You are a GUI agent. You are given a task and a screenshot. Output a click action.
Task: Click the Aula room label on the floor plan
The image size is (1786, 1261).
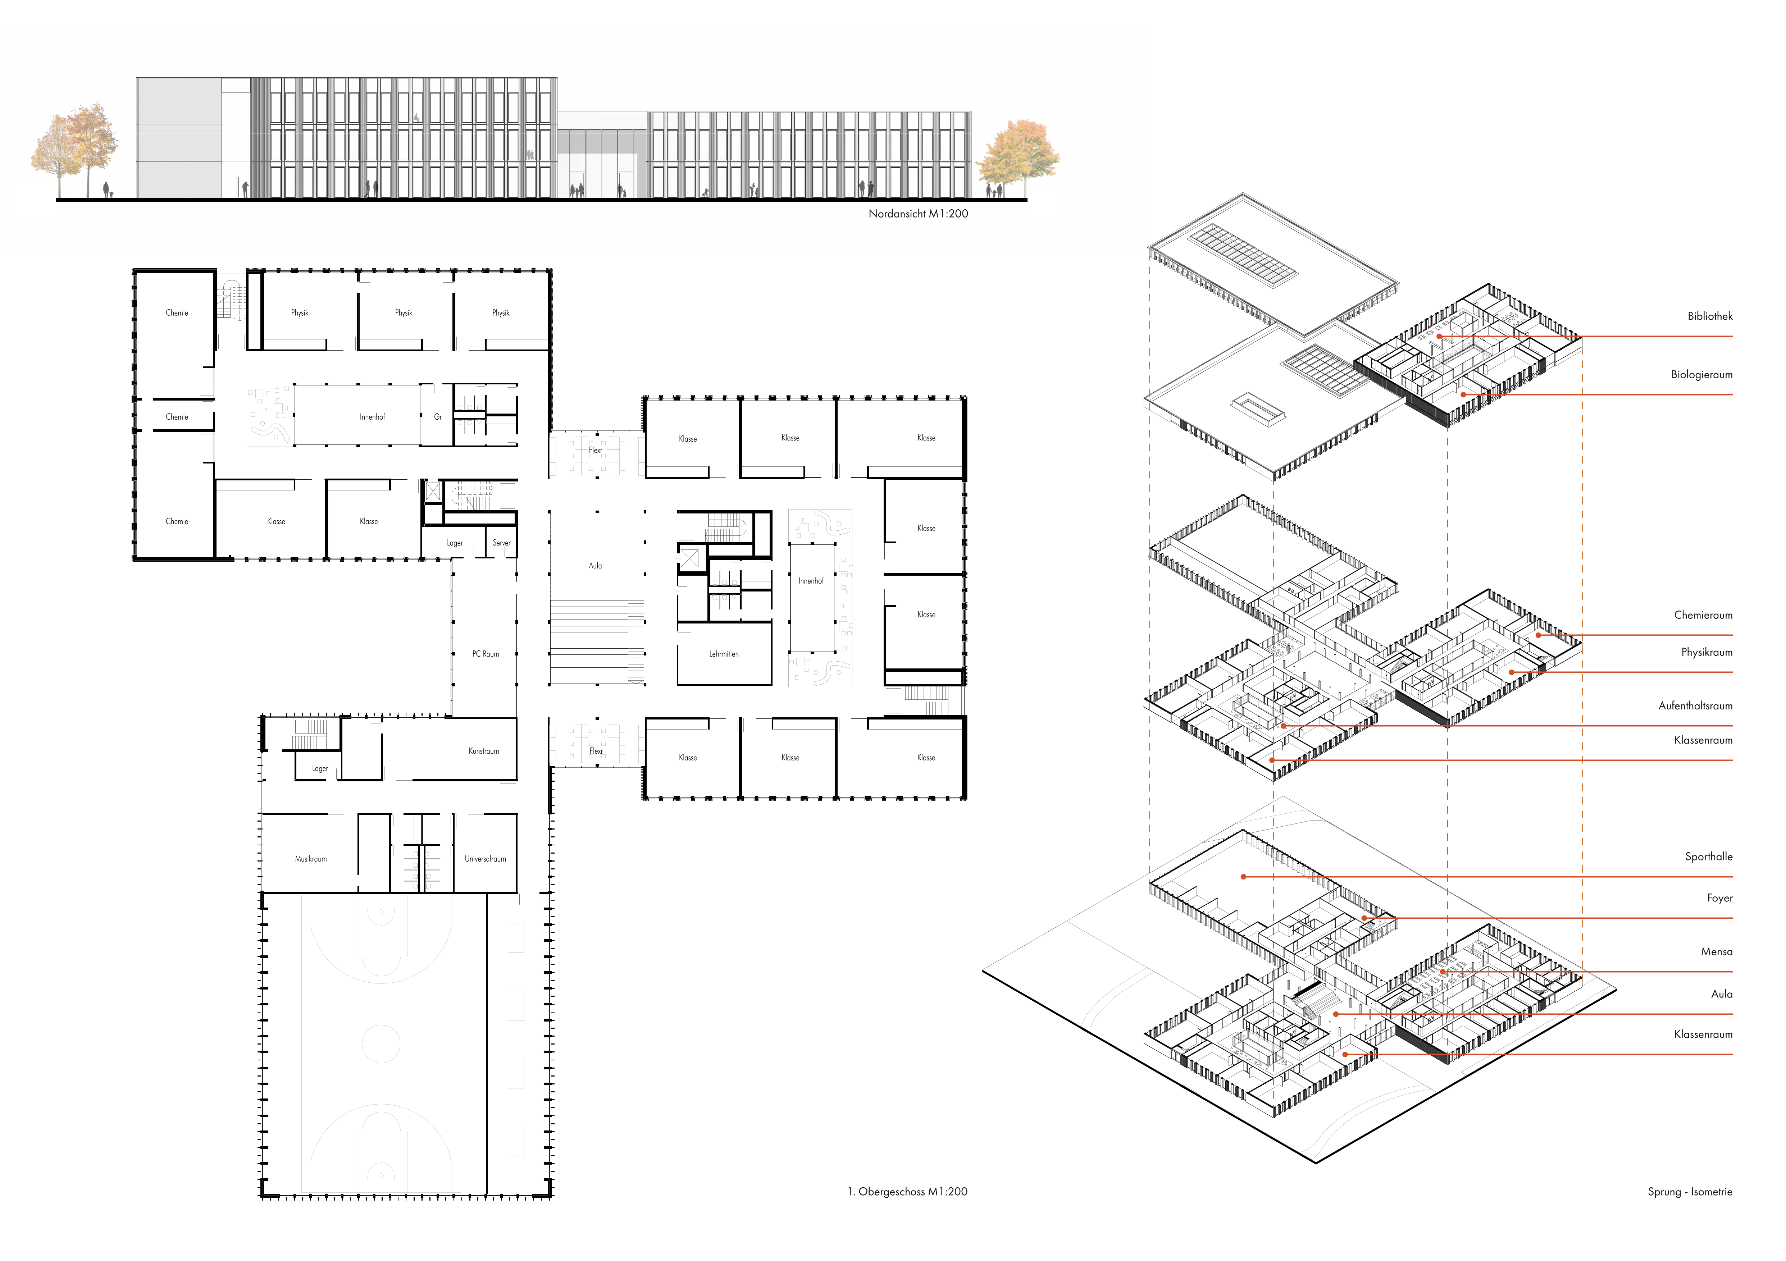(x=595, y=566)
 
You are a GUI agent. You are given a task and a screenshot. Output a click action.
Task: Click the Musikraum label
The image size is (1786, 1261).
(x=310, y=859)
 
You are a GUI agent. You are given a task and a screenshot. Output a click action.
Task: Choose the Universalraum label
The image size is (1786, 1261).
(x=486, y=859)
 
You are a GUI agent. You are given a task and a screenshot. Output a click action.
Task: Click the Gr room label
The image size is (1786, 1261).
(x=438, y=417)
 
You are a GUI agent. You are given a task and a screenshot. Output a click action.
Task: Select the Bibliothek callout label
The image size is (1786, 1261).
(x=1710, y=316)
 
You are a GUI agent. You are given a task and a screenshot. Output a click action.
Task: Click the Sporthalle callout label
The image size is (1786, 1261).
(x=1708, y=856)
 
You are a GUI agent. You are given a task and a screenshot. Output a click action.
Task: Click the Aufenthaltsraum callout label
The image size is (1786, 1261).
(x=1695, y=705)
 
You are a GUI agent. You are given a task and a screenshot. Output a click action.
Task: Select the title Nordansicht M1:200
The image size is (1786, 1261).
(x=918, y=213)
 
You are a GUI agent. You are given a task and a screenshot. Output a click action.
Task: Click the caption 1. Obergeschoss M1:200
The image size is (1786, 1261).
(x=907, y=1191)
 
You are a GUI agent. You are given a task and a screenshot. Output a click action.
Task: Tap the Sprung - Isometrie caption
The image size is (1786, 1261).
(x=1690, y=1191)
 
